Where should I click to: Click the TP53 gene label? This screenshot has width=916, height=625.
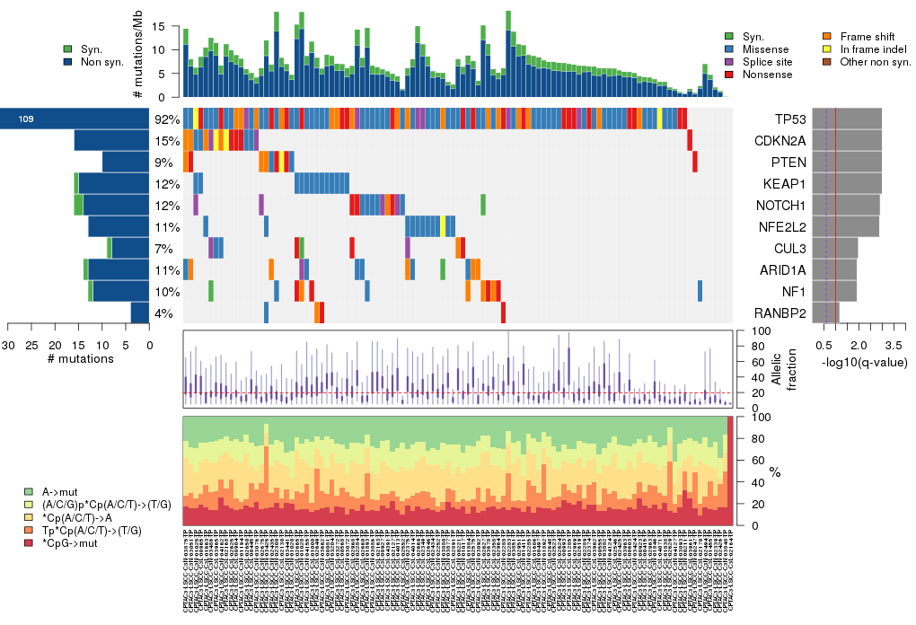pyautogui.click(x=790, y=119)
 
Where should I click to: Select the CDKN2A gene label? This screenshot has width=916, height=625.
pyautogui.click(x=779, y=141)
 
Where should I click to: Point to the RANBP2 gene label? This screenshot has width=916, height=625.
pyautogui.click(x=779, y=313)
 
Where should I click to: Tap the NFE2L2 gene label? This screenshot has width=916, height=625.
pyautogui.click(x=780, y=227)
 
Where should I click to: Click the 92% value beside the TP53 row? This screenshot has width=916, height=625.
pyautogui.click(x=167, y=119)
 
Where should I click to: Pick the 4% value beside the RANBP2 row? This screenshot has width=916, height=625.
pyautogui.click(x=164, y=313)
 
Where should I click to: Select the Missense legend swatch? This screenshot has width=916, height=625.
pyautogui.click(x=728, y=49)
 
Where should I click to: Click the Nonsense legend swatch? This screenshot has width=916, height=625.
pyautogui.click(x=728, y=75)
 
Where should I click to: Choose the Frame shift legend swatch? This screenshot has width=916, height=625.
pyautogui.click(x=828, y=37)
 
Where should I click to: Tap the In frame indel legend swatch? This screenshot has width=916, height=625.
pyautogui.click(x=828, y=49)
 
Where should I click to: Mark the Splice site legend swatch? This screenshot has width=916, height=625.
pyautogui.click(x=728, y=62)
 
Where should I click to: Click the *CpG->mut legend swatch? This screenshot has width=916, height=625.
pyautogui.click(x=30, y=543)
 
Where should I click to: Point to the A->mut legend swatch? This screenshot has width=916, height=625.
pyautogui.click(x=30, y=492)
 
